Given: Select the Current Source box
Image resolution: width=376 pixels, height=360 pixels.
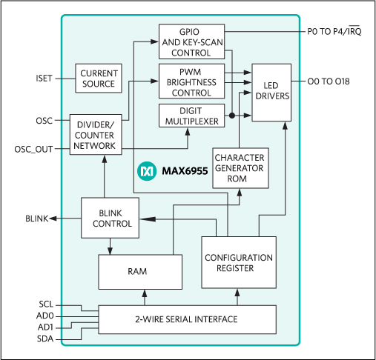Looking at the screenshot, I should coord(98,79).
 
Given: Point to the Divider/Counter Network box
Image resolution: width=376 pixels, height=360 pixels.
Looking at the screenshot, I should coord(94,133).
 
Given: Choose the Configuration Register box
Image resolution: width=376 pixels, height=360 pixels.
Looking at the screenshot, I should coord(239,263).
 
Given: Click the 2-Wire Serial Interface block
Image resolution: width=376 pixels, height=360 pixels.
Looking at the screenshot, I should coord(186,319).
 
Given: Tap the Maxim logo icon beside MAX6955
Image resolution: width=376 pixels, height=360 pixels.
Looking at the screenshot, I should coord(146,171).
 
